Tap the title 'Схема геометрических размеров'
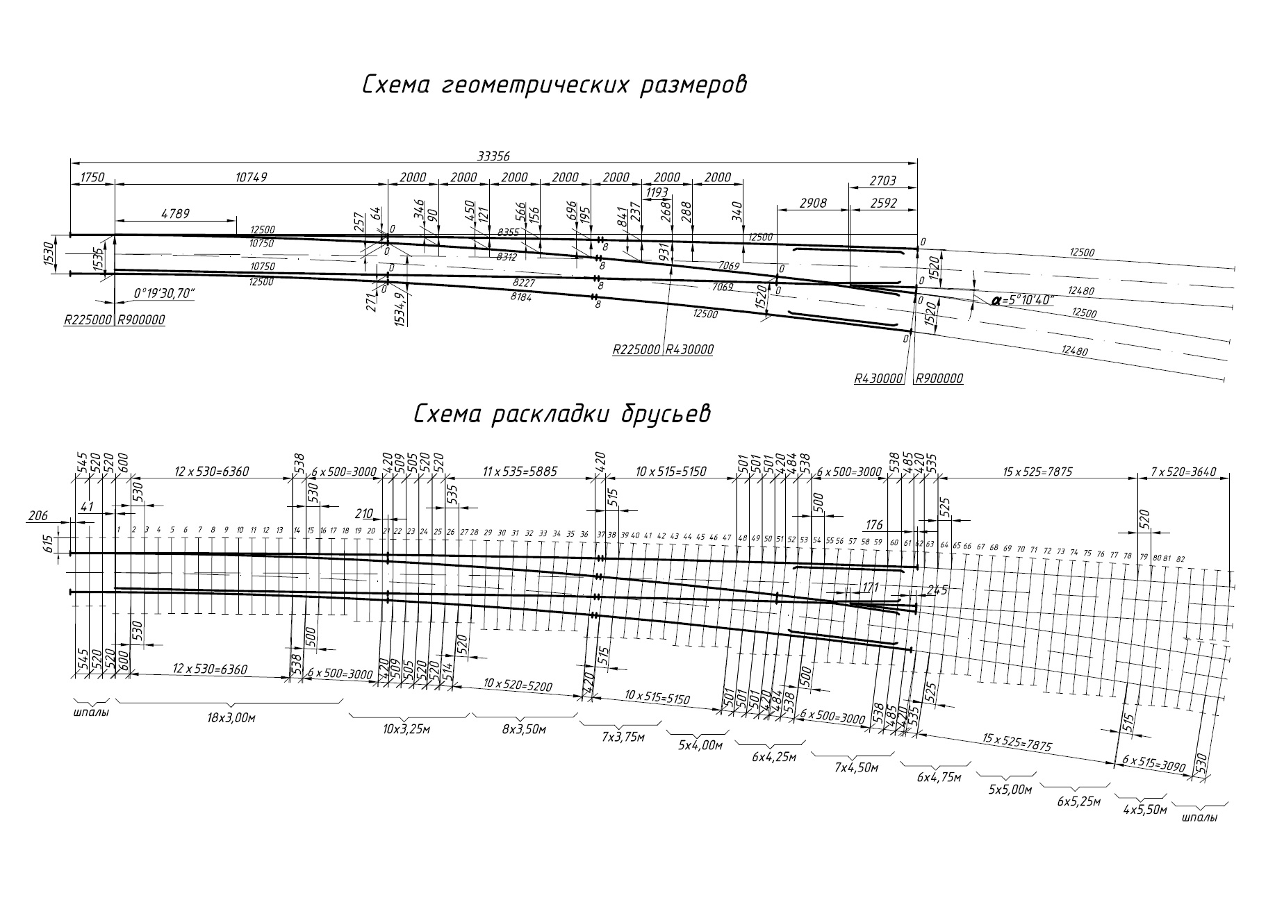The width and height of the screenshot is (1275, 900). pyautogui.click(x=554, y=85)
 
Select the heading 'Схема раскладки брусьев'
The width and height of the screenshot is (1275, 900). pyautogui.click(x=562, y=414)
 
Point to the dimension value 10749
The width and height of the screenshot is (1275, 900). pyautogui.click(x=251, y=178)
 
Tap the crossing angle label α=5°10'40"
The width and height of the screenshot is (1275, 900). pyautogui.click(x=1023, y=301)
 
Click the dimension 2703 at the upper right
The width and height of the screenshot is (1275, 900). pyautogui.click(x=882, y=181)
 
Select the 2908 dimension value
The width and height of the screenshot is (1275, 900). pyautogui.click(x=812, y=203)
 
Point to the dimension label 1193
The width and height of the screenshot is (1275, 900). pyautogui.click(x=657, y=192)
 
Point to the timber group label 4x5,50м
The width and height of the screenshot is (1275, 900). pyautogui.click(x=1144, y=809)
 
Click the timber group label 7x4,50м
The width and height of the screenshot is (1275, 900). pyautogui.click(x=857, y=767)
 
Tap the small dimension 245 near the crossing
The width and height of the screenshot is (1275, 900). pyautogui.click(x=937, y=591)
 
